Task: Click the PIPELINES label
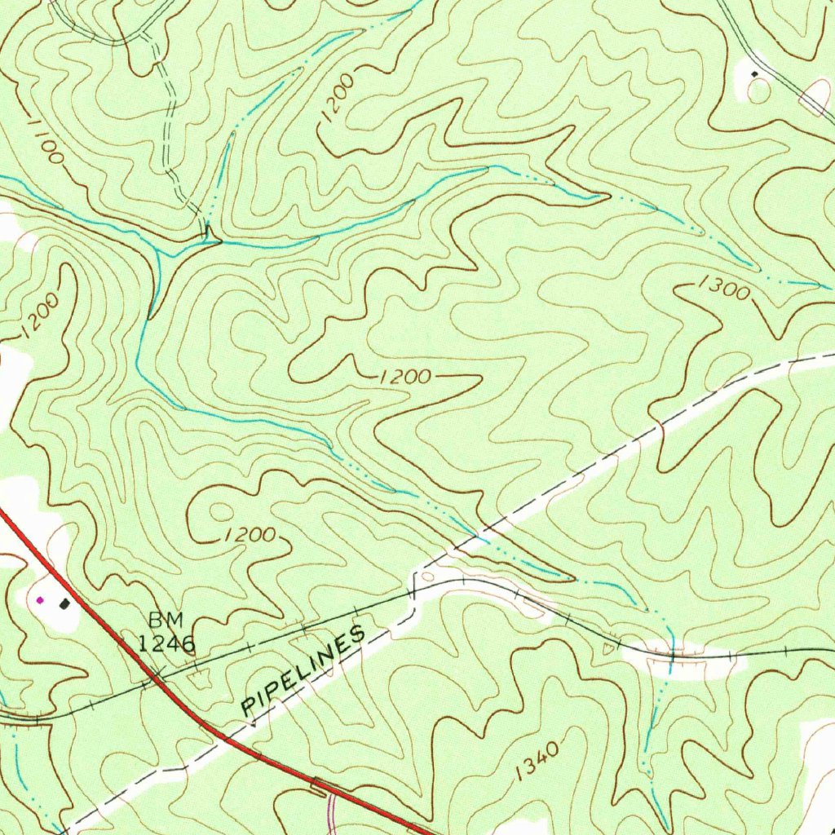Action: point(303,673)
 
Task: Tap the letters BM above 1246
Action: point(166,621)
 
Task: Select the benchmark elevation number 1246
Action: point(166,644)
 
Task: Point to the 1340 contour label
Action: point(537,762)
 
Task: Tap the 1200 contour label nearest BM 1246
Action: point(249,535)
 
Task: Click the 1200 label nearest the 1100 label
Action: point(39,316)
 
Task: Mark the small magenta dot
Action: point(40,600)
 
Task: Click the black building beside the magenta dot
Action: point(64,603)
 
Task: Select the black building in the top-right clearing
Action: point(754,74)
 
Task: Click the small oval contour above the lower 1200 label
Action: point(220,513)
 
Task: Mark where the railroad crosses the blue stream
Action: point(670,653)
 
